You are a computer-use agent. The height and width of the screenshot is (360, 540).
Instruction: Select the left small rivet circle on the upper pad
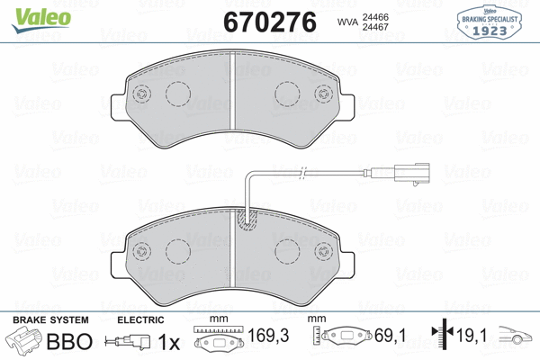point(139,96)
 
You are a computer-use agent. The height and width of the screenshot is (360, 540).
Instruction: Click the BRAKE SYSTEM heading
point(49,320)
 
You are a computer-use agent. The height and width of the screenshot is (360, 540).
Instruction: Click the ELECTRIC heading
point(140,320)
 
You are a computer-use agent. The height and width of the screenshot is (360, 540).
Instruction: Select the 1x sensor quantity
point(169,343)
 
